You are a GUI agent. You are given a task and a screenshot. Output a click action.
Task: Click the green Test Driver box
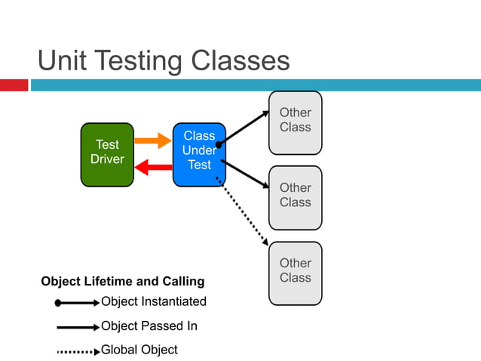[107, 154]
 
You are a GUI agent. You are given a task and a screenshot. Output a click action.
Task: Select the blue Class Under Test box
[199, 154]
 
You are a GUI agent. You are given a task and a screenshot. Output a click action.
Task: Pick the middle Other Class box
[296, 197]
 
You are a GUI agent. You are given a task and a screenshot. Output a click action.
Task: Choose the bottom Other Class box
[296, 273]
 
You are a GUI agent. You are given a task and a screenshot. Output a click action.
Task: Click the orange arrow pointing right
[153, 140]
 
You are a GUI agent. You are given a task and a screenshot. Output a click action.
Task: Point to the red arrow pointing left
[153, 168]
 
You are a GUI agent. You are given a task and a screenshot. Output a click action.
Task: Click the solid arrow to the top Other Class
[244, 128]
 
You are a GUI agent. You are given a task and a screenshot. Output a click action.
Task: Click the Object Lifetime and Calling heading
[122, 282]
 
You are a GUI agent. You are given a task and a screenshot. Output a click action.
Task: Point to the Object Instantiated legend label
[154, 301]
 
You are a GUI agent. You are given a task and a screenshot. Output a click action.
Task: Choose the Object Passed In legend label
[149, 326]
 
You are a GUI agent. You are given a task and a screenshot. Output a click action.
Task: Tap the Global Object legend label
[139, 350]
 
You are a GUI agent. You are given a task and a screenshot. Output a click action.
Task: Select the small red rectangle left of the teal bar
[14, 85]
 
